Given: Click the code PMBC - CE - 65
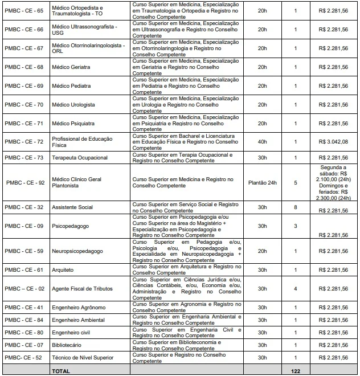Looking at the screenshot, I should pyautogui.click(x=24, y=11).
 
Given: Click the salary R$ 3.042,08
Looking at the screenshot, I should pyautogui.click(x=333, y=142).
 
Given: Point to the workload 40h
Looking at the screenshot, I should pyautogui.click(x=262, y=142).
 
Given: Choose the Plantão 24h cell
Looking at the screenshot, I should pyautogui.click(x=262, y=183).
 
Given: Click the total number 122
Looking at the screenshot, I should pyautogui.click(x=295, y=370).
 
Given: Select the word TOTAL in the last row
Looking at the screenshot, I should pyautogui.click(x=61, y=370).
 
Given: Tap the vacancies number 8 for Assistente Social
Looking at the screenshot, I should pyautogui.click(x=295, y=207).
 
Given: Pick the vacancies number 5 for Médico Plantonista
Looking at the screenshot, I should pyautogui.click(x=295, y=183).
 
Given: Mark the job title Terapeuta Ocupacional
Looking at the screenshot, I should pyautogui.click(x=79, y=157).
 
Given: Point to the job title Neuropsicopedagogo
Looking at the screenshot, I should pyautogui.click(x=77, y=251).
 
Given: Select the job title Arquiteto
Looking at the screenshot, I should pyautogui.click(x=63, y=269).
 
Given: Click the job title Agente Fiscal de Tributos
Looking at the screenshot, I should pyautogui.click(x=82, y=289).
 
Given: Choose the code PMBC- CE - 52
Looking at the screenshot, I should pyautogui.click(x=23, y=358).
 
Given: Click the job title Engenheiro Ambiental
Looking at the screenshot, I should pyautogui.click(x=79, y=320).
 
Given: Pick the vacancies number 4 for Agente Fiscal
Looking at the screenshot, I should pyautogui.click(x=295, y=289).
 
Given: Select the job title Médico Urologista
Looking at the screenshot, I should pyautogui.click(x=73, y=105).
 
